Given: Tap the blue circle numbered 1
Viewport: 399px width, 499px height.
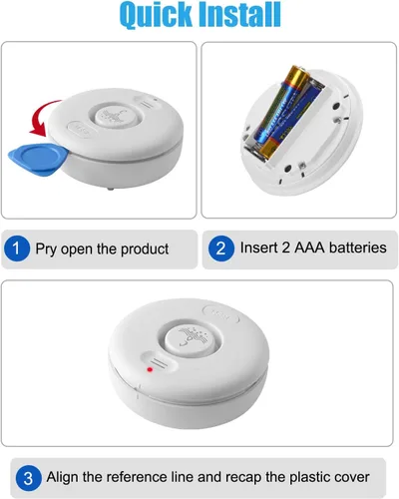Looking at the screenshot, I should pos(17,249).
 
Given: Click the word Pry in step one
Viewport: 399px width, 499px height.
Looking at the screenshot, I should pos(48,249).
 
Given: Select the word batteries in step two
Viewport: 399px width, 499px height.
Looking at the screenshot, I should pos(355,248).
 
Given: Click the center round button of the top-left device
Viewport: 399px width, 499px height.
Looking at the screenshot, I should pos(114,116).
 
